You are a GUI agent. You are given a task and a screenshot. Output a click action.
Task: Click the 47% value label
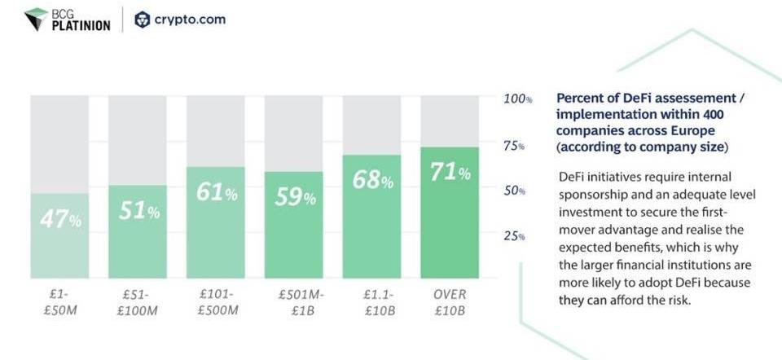60,219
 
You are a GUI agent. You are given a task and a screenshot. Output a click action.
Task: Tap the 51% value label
138,210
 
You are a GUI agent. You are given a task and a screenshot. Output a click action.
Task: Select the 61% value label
217,192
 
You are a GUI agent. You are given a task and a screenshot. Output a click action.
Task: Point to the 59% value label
295,196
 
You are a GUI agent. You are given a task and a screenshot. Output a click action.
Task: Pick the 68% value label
373,180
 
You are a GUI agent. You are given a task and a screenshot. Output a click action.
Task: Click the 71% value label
450,173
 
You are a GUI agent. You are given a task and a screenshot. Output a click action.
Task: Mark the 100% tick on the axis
517,99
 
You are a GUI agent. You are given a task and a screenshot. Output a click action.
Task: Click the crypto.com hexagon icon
143,20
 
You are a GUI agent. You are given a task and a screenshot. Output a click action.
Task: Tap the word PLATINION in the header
81,25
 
